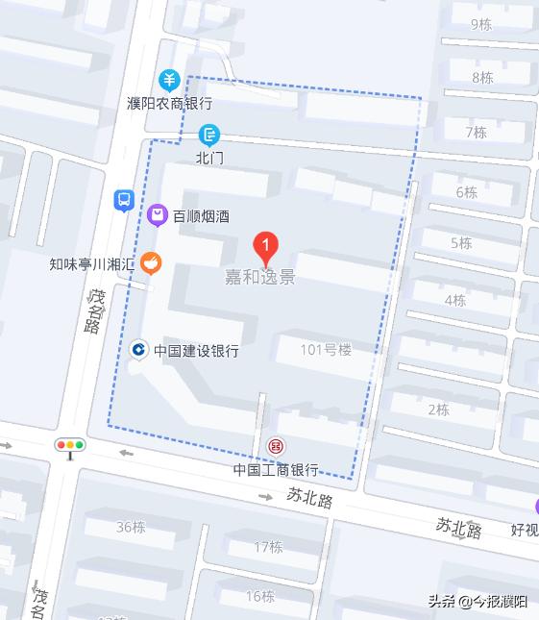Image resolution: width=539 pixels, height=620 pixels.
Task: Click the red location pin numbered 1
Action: pyautogui.click(x=266, y=248)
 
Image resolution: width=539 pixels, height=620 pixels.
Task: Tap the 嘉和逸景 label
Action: pyautogui.click(x=259, y=277)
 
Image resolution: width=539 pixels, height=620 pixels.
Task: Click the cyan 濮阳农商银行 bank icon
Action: pyautogui.click(x=170, y=80)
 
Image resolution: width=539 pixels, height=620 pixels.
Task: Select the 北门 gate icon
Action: pyautogui.click(x=208, y=135)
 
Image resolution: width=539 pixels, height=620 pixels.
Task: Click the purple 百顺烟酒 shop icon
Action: pyautogui.click(x=158, y=215)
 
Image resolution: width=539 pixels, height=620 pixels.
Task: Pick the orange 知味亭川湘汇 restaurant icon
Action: pyautogui.click(x=150, y=262)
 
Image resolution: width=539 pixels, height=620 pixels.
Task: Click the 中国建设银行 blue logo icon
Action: pyautogui.click(x=138, y=351)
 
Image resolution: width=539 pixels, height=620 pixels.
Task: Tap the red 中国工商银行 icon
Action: pyautogui.click(x=276, y=446)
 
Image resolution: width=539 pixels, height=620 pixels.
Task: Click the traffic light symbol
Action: pyautogui.click(x=70, y=445)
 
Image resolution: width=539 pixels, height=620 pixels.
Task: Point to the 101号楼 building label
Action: pyautogui.click(x=326, y=350)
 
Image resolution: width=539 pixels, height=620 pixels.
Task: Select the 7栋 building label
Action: pyautogui.click(x=476, y=132)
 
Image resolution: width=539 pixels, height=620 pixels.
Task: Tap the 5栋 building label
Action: pyautogui.click(x=461, y=243)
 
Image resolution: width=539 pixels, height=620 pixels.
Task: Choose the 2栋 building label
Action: pyautogui.click(x=438, y=409)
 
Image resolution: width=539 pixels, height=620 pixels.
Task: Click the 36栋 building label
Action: pyautogui.click(x=131, y=527)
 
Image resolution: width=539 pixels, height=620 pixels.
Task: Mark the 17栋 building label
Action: pyautogui.click(x=269, y=547)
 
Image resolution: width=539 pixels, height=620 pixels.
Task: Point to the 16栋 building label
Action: pyautogui.click(x=259, y=596)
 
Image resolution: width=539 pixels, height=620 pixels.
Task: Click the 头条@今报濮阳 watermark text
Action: pyautogui.click(x=478, y=602)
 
